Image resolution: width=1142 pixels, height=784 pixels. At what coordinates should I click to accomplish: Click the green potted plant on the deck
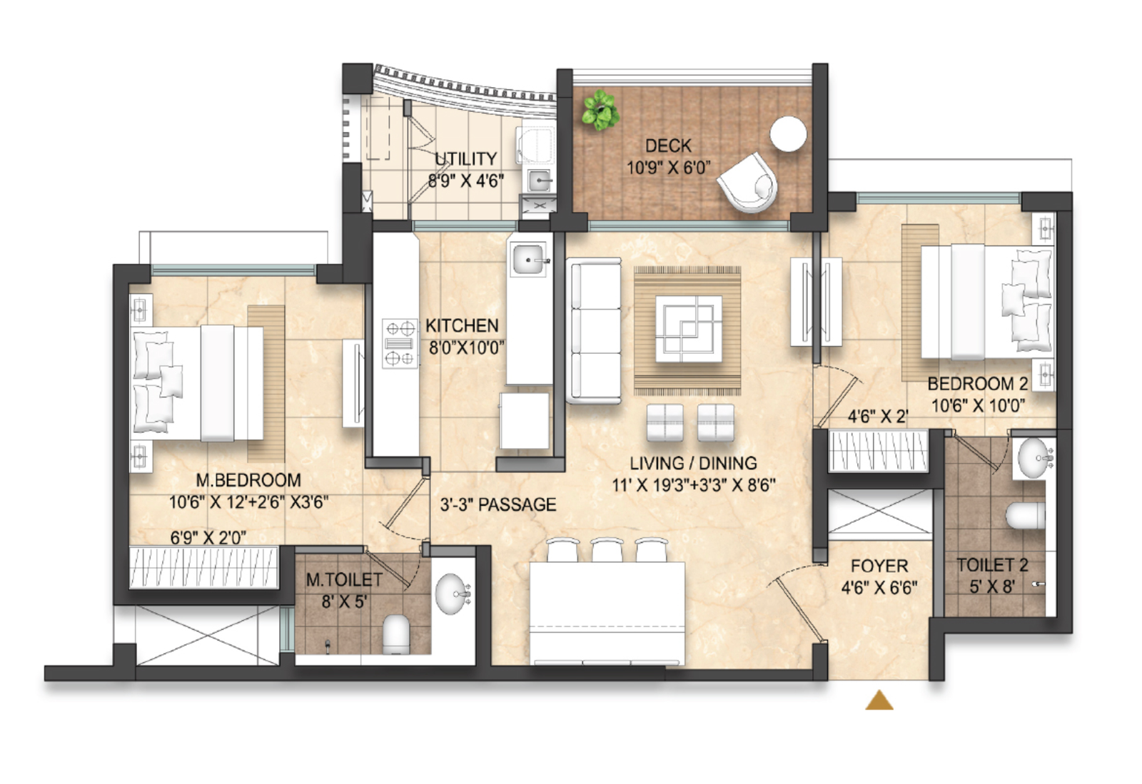tap(600, 110)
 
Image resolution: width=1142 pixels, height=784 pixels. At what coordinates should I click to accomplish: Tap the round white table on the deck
tap(788, 133)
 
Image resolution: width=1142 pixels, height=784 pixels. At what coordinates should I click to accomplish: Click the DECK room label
tap(668, 146)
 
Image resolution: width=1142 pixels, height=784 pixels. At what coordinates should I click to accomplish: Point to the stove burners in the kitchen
tap(400, 343)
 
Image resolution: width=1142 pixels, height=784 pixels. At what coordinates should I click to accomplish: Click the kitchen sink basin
tap(529, 259)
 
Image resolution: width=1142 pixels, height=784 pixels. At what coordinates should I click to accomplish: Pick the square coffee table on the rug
tap(688, 329)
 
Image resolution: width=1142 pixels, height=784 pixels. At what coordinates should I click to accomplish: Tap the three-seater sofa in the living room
tap(594, 330)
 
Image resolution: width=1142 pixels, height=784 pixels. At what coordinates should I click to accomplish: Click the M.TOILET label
tap(344, 580)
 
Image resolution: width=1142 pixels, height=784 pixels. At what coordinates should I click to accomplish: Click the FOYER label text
tap(879, 566)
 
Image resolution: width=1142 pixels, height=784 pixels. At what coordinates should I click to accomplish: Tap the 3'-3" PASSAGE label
tap(498, 504)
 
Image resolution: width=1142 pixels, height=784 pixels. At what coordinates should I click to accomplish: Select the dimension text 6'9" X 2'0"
tap(208, 537)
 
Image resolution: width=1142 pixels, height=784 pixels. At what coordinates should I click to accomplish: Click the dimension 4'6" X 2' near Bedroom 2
tap(878, 417)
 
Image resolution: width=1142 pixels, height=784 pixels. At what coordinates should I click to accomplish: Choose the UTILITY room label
tap(465, 159)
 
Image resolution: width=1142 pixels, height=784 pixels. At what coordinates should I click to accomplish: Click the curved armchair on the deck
tap(749, 183)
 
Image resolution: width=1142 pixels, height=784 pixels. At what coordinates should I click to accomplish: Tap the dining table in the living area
tap(607, 613)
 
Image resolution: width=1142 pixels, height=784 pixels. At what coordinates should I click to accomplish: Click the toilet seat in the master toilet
tap(396, 634)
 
